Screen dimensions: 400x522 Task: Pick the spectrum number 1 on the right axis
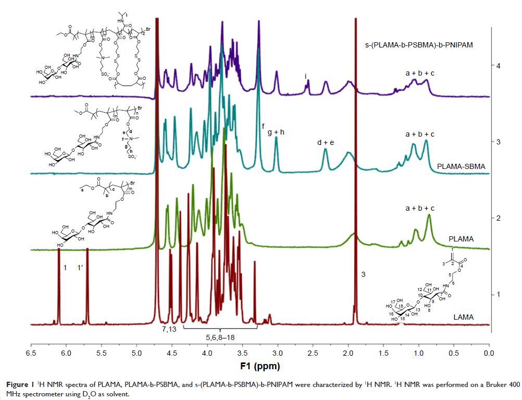click(x=499, y=294)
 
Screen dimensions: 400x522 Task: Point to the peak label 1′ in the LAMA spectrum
click(x=81, y=268)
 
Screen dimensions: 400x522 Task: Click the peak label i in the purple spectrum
click(x=306, y=77)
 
